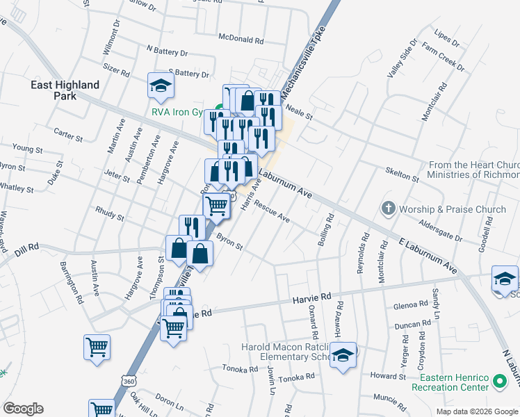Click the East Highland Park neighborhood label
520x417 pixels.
pos(65,90)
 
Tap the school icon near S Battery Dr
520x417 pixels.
pos(161,86)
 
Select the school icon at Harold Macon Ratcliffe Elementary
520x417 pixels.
pos(343,355)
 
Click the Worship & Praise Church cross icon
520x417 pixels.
pos(389,208)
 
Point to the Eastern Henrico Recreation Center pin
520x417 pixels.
pos(498,382)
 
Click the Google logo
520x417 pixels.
pos(23,409)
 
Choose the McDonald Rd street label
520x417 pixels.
pos(241,39)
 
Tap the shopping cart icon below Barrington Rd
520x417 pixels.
pos(97,347)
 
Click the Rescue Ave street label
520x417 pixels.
pos(272,212)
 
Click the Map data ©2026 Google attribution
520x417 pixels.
pos(478,411)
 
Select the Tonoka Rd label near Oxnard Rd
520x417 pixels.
pos(297,377)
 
